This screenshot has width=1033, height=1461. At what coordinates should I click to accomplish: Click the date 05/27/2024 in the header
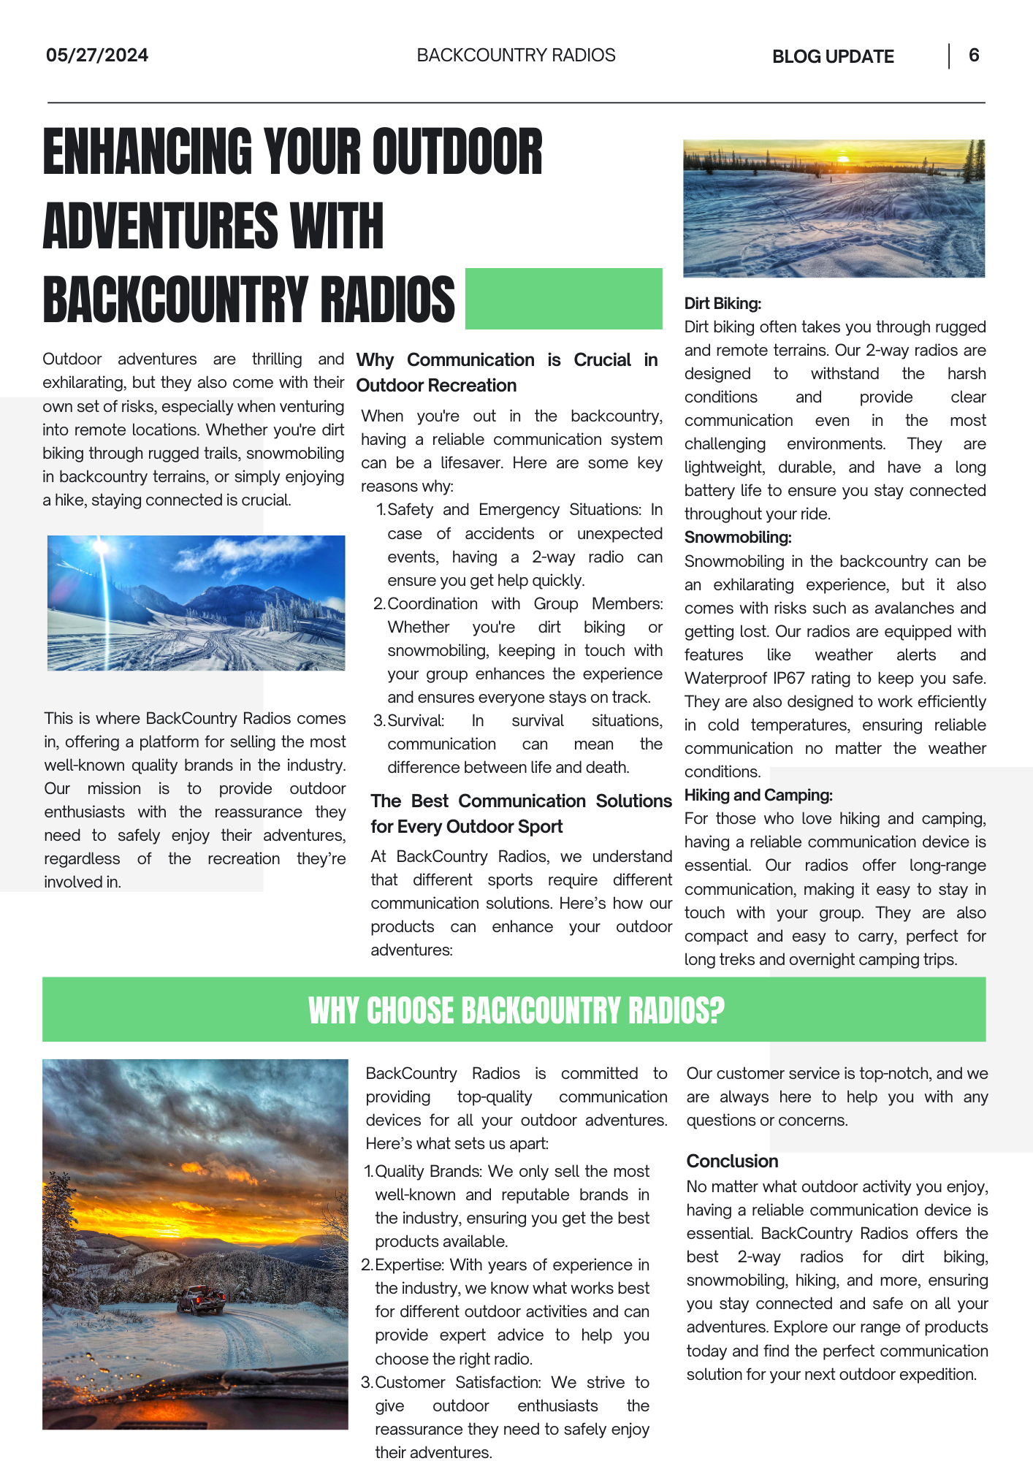pyautogui.click(x=96, y=56)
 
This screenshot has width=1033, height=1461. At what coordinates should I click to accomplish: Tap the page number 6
pyautogui.click(x=973, y=56)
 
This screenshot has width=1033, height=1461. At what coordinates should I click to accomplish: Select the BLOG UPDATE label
pyautogui.click(x=832, y=57)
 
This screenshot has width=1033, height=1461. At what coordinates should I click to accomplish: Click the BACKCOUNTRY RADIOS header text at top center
pyautogui.click(x=516, y=56)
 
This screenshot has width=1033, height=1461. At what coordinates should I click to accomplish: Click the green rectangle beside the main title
pyautogui.click(x=563, y=299)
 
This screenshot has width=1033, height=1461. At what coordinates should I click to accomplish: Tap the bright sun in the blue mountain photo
pyautogui.click(x=101, y=548)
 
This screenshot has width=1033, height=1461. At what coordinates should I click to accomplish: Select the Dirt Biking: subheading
pyautogui.click(x=722, y=304)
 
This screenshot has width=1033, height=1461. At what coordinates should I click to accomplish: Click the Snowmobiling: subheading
pyautogui.click(x=737, y=538)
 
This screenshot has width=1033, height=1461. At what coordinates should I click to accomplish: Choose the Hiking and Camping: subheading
pyautogui.click(x=758, y=796)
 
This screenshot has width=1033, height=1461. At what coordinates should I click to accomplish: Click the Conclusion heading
pyautogui.click(x=731, y=1161)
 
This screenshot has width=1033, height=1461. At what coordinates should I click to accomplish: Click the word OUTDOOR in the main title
pyautogui.click(x=457, y=152)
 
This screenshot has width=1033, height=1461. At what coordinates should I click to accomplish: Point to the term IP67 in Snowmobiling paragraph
pyautogui.click(x=789, y=679)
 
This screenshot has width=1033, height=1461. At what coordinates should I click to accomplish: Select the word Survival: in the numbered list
pyautogui.click(x=415, y=721)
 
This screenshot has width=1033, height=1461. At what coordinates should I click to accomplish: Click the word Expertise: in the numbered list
pyautogui.click(x=409, y=1265)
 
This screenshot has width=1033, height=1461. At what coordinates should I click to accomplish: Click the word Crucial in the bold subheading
pyautogui.click(x=602, y=360)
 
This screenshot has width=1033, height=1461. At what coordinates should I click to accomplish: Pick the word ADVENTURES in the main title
pyautogui.click(x=161, y=226)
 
